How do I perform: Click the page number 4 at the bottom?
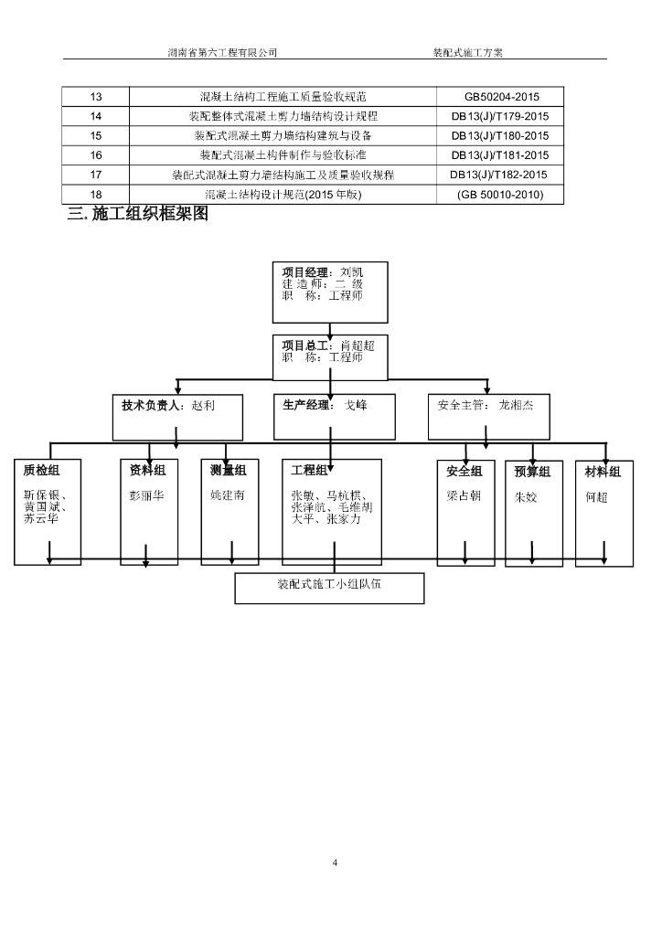tap(335, 862)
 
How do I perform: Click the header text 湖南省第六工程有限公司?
tap(223, 53)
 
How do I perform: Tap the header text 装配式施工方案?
tap(467, 53)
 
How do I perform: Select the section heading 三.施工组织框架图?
tap(138, 215)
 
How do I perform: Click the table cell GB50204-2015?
tap(501, 97)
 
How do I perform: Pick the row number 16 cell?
tap(96, 155)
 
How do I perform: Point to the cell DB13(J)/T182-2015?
tap(498, 175)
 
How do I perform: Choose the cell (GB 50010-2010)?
tap(500, 194)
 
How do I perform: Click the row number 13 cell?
tap(96, 97)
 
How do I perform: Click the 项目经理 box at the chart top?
tap(329, 292)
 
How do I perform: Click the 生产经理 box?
tap(335, 418)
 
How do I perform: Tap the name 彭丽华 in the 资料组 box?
tap(147, 496)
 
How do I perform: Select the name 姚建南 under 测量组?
tap(228, 495)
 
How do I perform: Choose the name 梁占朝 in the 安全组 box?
tap(464, 496)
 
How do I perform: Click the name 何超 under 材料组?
tap(596, 497)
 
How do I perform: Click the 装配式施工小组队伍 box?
tap(329, 587)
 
